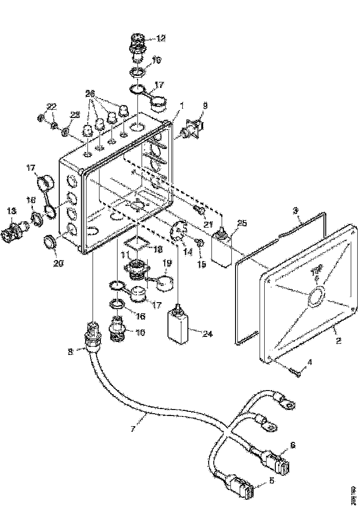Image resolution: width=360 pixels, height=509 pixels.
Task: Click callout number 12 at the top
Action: pyautogui.click(x=161, y=39)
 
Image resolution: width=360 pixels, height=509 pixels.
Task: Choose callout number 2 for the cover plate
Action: pyautogui.click(x=338, y=341)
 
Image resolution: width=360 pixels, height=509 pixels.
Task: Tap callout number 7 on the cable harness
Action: pyautogui.click(x=133, y=429)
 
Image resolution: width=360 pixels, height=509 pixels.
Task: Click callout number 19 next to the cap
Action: pyautogui.click(x=167, y=262)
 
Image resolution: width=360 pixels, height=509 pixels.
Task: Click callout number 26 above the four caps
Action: pyautogui.click(x=90, y=93)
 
